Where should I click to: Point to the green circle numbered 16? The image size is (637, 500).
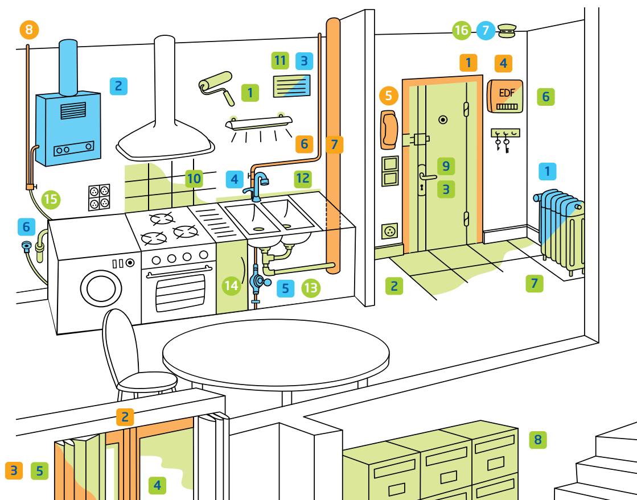(x=462, y=31)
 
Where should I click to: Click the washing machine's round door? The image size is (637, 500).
(x=100, y=288)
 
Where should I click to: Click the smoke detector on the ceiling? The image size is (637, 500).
(x=506, y=30)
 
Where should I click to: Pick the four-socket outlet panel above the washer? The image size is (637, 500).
(x=99, y=197)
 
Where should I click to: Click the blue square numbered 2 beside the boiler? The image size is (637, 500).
(x=118, y=86)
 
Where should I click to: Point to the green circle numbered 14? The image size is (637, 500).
(x=232, y=285)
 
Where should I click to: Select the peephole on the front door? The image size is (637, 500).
(x=443, y=120)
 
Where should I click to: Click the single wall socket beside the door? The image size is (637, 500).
(x=389, y=232)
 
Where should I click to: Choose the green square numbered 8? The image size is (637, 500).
(x=537, y=439)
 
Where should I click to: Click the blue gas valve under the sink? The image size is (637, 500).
(x=258, y=280)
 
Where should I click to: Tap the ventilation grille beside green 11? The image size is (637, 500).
(x=292, y=86)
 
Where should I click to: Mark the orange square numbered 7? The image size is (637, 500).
(x=334, y=144)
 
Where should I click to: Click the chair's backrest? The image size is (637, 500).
(x=120, y=341)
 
